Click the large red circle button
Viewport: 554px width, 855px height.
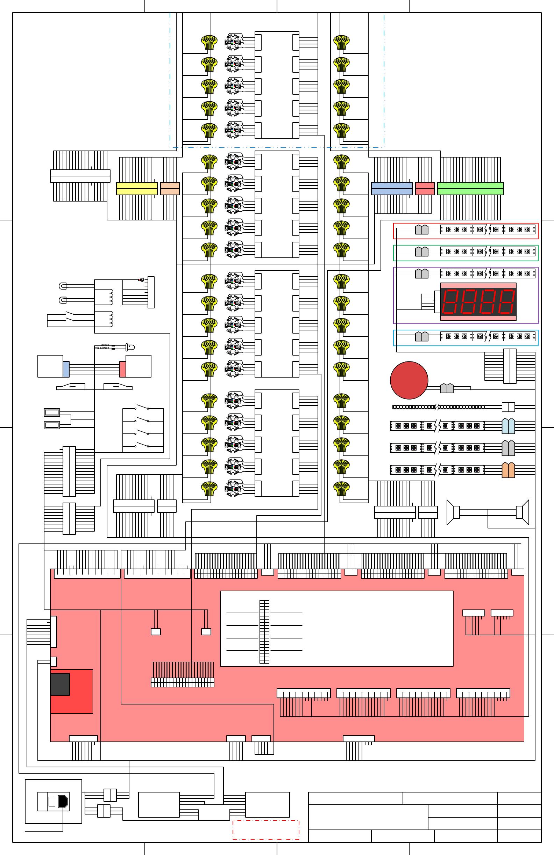409,380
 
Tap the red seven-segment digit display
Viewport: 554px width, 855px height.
478,301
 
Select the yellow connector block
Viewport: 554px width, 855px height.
137,189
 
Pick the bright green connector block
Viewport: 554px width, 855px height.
470,189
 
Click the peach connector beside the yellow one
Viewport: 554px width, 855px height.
170,189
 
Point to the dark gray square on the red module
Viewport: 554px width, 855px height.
60,684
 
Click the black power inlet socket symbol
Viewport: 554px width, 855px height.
63,802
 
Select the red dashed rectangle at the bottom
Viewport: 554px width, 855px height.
266,830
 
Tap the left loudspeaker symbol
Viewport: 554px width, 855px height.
453,512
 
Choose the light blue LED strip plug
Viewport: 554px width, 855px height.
508,426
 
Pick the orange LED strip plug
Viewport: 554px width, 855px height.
508,470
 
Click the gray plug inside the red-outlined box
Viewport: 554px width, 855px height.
421,229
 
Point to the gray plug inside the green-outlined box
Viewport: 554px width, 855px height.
421,251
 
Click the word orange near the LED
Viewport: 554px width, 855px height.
105,344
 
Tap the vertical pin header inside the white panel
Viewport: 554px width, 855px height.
264,631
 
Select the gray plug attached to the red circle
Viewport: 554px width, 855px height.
447,388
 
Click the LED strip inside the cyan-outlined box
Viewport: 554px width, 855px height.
488,336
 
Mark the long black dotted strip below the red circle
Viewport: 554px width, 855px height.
439,407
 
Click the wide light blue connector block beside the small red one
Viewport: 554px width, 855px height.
391,189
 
